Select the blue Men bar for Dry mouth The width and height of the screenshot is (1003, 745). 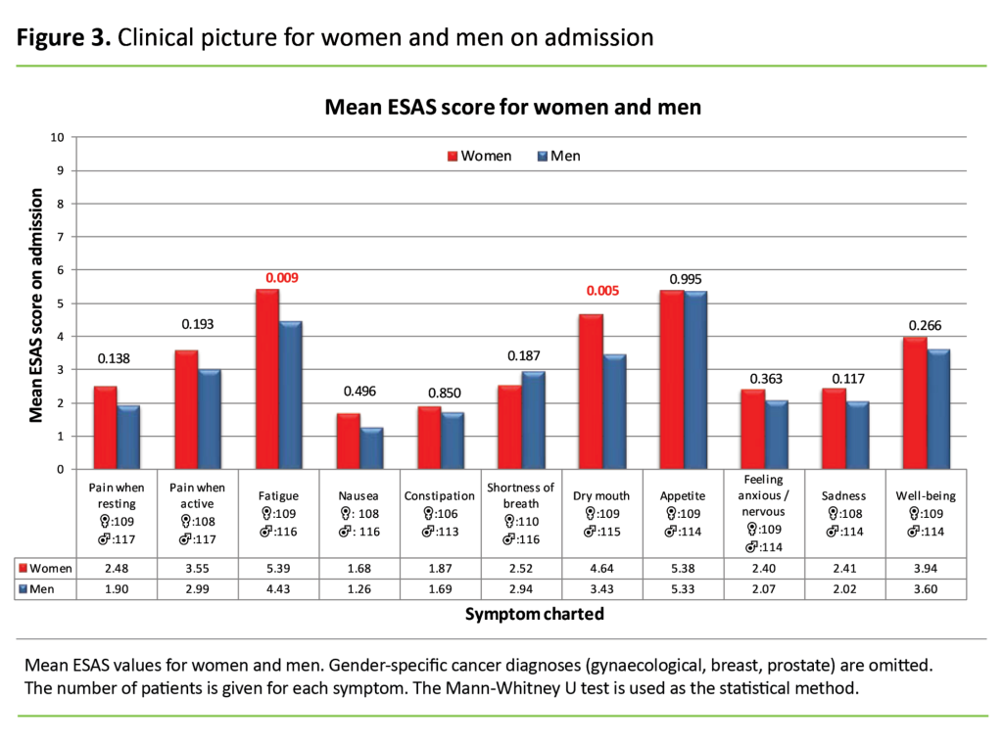[614, 412]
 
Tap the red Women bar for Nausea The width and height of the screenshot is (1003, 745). [348, 442]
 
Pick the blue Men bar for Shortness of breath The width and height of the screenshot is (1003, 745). [533, 421]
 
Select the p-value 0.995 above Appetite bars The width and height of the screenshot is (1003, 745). [686, 280]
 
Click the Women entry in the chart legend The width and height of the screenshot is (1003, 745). [479, 156]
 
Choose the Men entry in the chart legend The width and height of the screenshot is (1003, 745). [558, 156]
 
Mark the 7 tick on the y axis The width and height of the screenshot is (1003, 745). [60, 237]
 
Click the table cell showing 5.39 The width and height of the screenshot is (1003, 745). [279, 568]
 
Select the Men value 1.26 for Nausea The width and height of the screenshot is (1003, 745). [360, 588]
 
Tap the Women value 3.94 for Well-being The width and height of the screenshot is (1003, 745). [927, 568]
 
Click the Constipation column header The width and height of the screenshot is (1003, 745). [441, 495]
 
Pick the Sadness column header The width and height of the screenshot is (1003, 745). [845, 495]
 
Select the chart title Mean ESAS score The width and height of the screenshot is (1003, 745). [512, 107]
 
